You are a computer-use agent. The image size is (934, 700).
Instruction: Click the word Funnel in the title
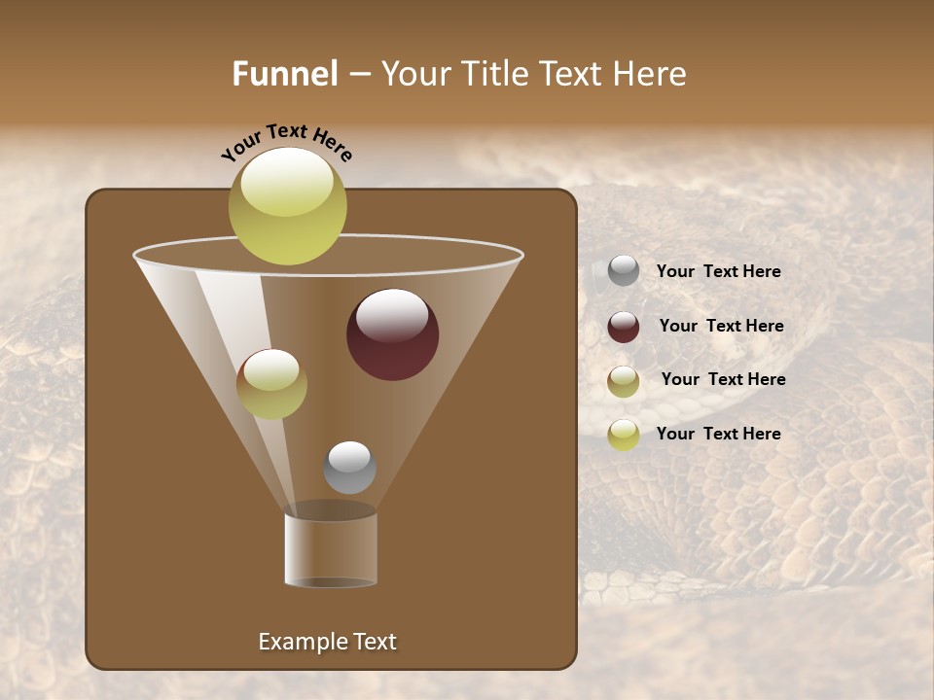[x=285, y=74]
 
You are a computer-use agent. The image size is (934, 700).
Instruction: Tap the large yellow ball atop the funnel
[x=287, y=206]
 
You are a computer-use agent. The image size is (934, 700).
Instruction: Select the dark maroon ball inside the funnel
[x=393, y=334]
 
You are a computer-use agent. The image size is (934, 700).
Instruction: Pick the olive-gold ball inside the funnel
[x=271, y=384]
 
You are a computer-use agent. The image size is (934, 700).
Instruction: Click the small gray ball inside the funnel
[x=349, y=468]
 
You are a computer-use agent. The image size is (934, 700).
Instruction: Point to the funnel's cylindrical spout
[x=331, y=549]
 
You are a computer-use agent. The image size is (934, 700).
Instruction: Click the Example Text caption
[x=327, y=642]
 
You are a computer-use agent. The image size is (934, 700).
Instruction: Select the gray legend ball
[x=624, y=271]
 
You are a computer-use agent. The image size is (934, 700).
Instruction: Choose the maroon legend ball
[x=624, y=327]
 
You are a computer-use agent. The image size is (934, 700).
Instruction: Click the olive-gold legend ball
[x=624, y=381]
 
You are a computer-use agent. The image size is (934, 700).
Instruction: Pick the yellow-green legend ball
[x=624, y=435]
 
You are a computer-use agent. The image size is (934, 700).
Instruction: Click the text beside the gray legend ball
[x=718, y=272]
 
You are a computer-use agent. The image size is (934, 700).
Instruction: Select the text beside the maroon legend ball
[x=721, y=327]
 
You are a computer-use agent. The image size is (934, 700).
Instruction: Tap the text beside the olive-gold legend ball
[x=723, y=380]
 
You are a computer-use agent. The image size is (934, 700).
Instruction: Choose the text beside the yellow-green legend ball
[x=718, y=434]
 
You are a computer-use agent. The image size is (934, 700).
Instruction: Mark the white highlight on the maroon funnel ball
[x=392, y=316]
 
